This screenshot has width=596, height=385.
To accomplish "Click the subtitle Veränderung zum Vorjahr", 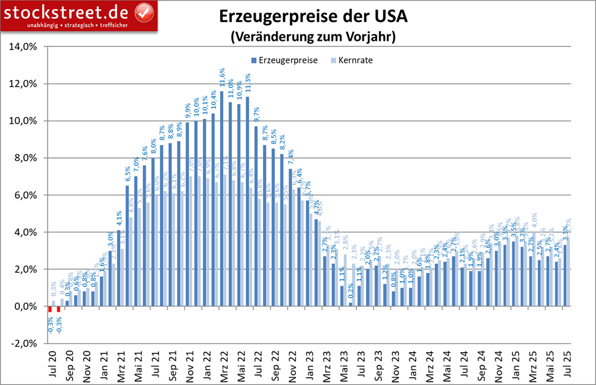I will pyautogui.click(x=314, y=37).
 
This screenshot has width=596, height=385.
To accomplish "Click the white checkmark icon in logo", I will pyautogui.click(x=143, y=12).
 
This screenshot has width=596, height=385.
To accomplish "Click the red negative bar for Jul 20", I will pyautogui.click(x=51, y=309).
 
